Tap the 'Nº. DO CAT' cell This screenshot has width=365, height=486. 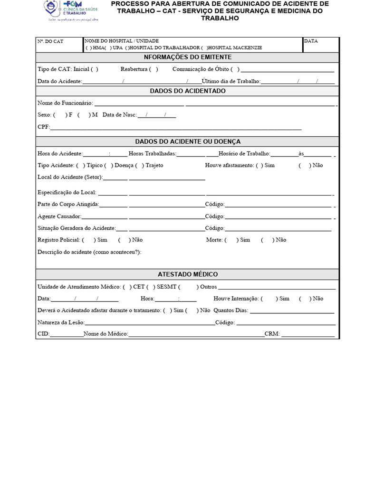50,41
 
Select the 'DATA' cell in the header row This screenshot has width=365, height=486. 311,41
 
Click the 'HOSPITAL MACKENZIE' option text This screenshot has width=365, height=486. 235,48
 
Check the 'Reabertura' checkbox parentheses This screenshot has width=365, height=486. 153,69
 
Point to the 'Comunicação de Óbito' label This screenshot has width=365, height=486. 200,69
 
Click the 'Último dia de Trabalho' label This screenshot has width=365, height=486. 231,82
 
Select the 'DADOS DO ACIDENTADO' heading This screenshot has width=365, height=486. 188,91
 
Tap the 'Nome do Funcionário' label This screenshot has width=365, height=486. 65,103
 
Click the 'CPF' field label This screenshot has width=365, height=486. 43,127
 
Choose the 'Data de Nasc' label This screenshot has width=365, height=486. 119,115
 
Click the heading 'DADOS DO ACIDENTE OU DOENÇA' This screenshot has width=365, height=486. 188,141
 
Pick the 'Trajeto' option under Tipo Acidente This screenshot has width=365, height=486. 154,166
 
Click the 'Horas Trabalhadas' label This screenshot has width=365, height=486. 152,154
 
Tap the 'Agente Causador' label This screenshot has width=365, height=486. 59,216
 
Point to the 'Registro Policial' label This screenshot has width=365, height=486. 59,240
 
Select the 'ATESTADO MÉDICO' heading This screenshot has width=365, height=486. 188,275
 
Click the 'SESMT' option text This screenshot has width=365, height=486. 166,287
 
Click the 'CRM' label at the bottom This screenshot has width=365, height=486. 272,334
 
